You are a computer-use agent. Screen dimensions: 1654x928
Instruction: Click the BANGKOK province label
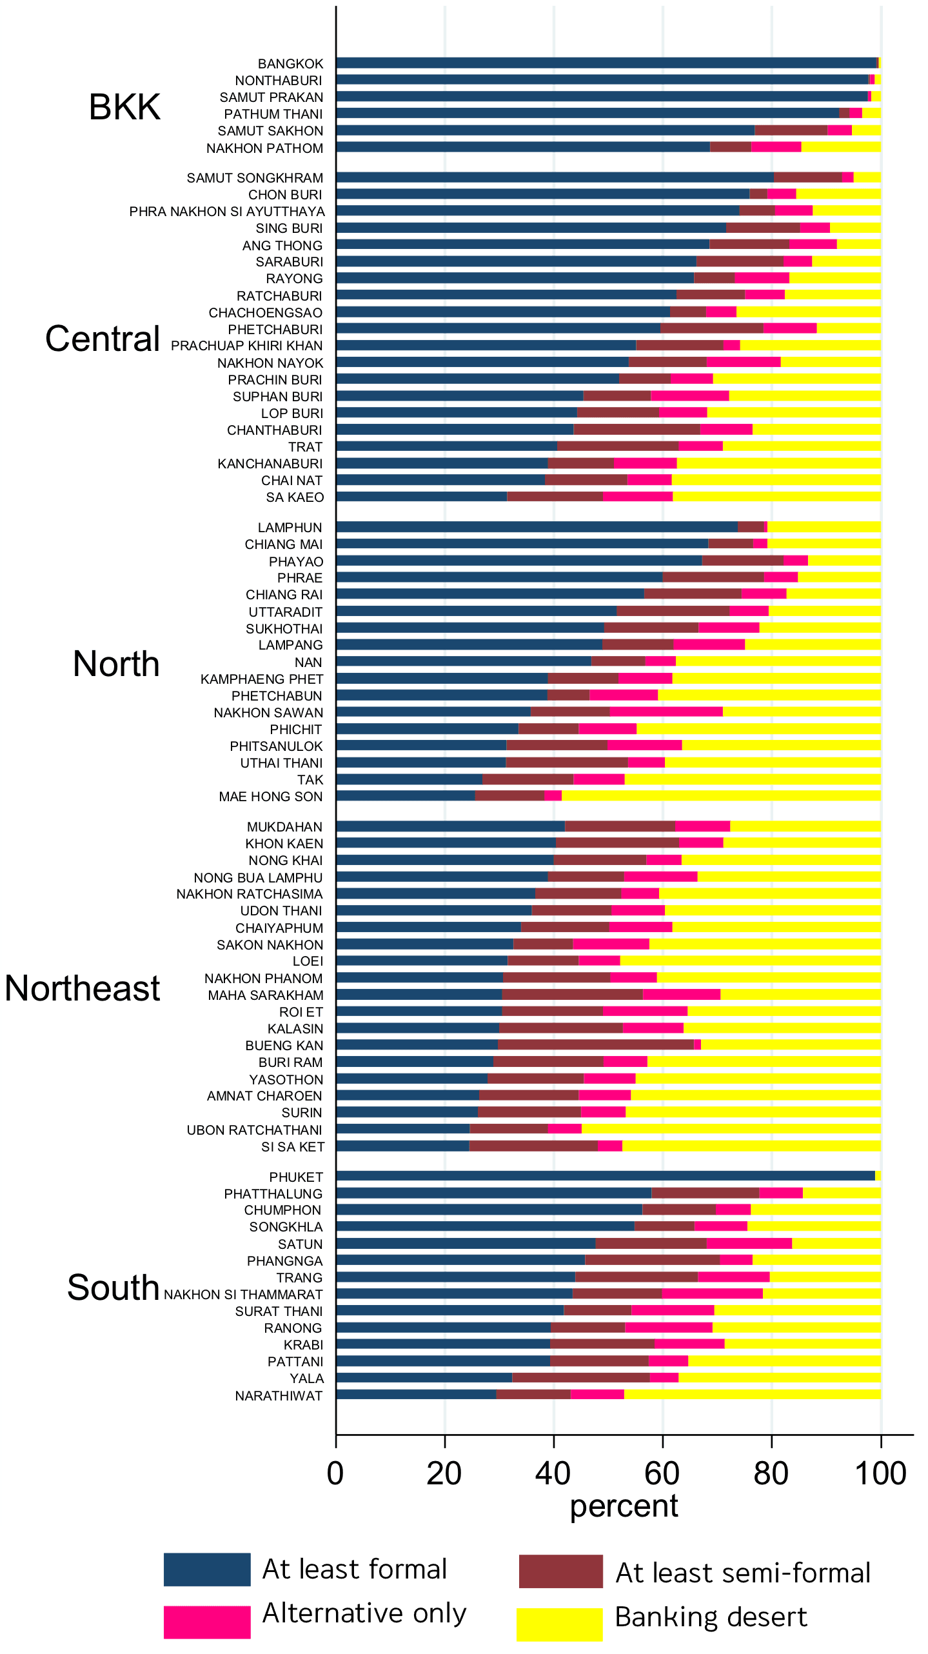pyautogui.click(x=290, y=64)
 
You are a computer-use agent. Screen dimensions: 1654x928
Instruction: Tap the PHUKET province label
pyautogui.click(x=295, y=1177)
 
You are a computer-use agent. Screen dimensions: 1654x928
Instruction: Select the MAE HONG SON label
pyautogui.click(x=270, y=797)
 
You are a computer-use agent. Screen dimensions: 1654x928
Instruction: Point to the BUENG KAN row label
pyautogui.click(x=284, y=1046)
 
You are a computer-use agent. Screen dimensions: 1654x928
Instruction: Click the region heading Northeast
pyautogui.click(x=83, y=989)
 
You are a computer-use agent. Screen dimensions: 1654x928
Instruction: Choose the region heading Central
pyautogui.click(x=103, y=339)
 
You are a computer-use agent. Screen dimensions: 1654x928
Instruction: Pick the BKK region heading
pyautogui.click(x=124, y=107)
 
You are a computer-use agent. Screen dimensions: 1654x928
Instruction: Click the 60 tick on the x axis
pyautogui.click(x=662, y=1473)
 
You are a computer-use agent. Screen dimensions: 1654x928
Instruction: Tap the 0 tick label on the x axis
pyautogui.click(x=335, y=1473)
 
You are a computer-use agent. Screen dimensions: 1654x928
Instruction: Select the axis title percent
pyautogui.click(x=624, y=1506)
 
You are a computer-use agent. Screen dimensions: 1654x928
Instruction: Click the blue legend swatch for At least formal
pyautogui.click(x=206, y=1569)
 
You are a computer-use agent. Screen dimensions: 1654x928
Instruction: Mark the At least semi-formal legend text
pyautogui.click(x=743, y=1573)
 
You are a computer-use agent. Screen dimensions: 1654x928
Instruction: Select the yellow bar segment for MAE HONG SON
pyautogui.click(x=720, y=796)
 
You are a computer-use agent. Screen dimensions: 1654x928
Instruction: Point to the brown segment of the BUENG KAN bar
pyautogui.click(x=595, y=1044)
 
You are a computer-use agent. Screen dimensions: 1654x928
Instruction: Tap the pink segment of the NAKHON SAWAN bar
pyautogui.click(x=666, y=712)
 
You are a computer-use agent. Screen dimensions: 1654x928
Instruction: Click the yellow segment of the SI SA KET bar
pyautogui.click(x=751, y=1146)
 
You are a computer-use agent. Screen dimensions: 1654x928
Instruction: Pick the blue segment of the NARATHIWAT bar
pyautogui.click(x=416, y=1395)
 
